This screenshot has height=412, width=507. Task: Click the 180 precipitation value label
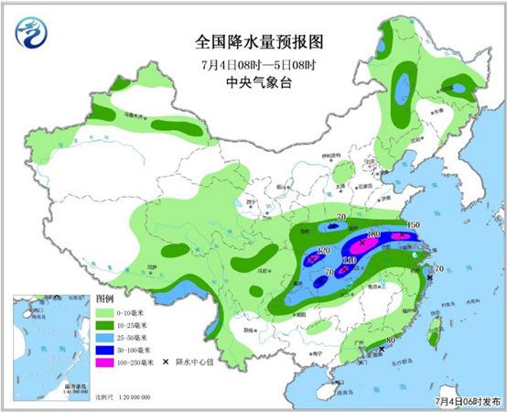372,235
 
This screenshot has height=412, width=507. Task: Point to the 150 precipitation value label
412,225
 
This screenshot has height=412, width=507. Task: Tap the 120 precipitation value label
322,251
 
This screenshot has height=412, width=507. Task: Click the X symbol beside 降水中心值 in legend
166,363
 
